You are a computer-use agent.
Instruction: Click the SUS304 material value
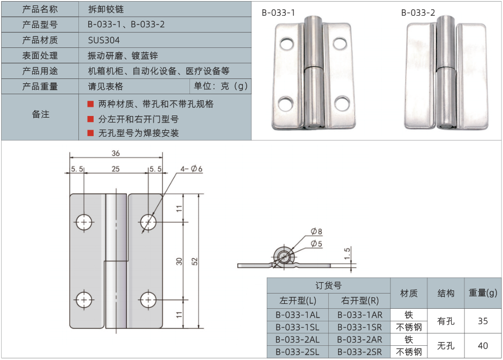click(103, 40)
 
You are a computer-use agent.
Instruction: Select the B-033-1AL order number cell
click(297, 315)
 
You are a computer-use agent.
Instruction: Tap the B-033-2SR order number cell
click(359, 352)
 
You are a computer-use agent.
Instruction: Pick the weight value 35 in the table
click(483, 321)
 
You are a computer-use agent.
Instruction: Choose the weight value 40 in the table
click(483, 345)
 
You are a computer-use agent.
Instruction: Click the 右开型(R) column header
click(359, 300)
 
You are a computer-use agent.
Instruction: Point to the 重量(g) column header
click(483, 293)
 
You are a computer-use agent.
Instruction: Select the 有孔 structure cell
click(445, 321)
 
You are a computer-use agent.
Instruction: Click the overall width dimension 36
click(115, 153)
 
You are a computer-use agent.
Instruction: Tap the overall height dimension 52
click(194, 261)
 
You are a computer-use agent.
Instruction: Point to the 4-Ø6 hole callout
click(192, 169)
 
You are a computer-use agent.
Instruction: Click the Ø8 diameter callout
click(316, 231)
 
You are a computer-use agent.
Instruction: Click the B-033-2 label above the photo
click(418, 13)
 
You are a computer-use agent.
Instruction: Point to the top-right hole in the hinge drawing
click(148, 222)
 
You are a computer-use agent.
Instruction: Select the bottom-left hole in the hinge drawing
click(84, 299)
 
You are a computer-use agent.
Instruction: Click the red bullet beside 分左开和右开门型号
click(90, 119)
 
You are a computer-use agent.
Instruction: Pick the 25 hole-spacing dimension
click(115, 169)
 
